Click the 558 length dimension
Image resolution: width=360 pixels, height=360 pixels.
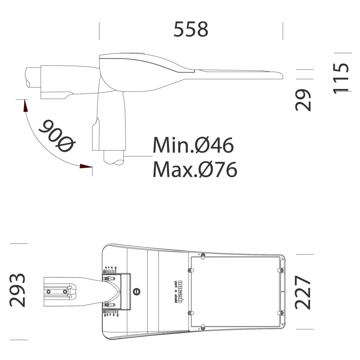pos(191,29)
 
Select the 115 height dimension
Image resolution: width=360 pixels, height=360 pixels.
pos(341,78)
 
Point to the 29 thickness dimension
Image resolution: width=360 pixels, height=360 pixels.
pos(303,100)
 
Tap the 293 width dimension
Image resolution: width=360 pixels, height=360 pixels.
pos(18,290)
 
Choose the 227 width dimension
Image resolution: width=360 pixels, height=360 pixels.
pos(303,292)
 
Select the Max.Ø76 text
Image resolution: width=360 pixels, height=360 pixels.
pos(195,169)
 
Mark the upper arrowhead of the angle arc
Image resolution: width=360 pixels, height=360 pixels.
pos(25,106)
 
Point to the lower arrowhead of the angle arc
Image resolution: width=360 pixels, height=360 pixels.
pos(85,166)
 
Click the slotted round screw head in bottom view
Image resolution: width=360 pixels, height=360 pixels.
pos(137,291)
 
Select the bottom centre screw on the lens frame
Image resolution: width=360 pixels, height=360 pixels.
pos(203,328)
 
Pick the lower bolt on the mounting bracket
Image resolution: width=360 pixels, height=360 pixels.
pos(108,304)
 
